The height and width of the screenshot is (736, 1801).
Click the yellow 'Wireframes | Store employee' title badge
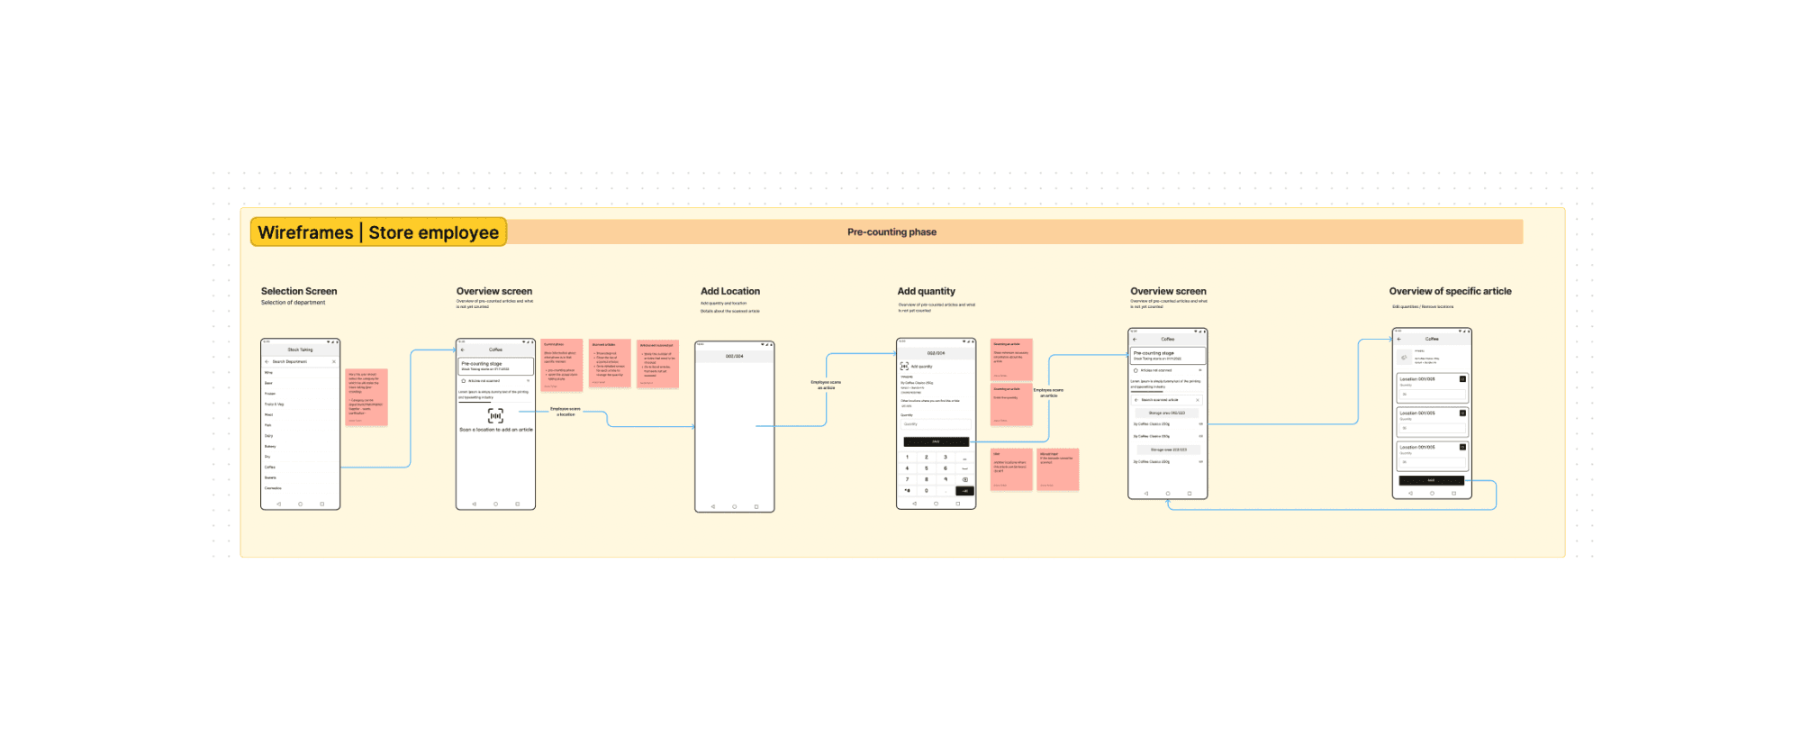378,232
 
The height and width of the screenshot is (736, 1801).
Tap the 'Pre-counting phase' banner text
891,232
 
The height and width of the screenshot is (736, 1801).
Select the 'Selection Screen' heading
299,291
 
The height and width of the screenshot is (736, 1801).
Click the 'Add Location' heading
730,291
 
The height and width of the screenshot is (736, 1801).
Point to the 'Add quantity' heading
926,291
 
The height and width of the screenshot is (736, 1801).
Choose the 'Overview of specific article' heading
1450,291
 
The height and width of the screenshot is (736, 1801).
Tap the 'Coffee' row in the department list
270,468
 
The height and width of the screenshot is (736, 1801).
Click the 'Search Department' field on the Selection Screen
300,361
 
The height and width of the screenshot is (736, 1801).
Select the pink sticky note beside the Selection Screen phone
367,396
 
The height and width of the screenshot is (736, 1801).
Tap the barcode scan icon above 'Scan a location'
495,415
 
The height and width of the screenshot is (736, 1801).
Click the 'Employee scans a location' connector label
566,412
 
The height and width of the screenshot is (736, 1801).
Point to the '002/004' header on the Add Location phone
735,356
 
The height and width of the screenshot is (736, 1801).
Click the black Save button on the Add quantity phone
936,441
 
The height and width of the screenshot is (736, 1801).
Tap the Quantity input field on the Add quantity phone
936,423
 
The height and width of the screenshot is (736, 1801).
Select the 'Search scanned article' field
1167,400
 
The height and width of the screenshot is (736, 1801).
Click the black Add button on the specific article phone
1431,480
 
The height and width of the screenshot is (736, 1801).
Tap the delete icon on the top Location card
1462,379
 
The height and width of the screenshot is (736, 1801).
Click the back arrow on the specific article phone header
1399,339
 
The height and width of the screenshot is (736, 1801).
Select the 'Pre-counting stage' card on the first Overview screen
495,366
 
